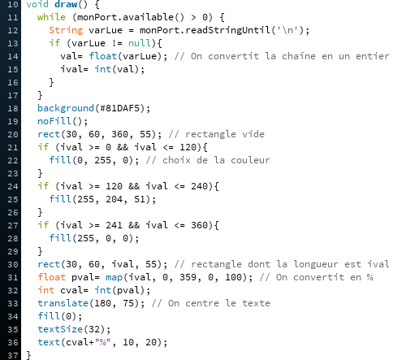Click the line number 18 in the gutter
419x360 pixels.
click(x=12, y=109)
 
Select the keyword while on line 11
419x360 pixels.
click(x=51, y=17)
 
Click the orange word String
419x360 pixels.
click(x=66, y=30)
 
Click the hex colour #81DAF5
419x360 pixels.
click(x=123, y=108)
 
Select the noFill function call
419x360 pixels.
click(x=54, y=121)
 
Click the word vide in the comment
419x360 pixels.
click(x=253, y=134)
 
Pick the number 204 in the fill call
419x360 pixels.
click(x=114, y=199)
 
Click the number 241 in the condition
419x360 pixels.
click(x=114, y=225)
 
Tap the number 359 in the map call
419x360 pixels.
click(x=188, y=277)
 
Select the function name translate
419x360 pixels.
click(x=63, y=303)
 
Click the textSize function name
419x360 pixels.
click(x=60, y=329)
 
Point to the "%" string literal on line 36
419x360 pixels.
click(x=102, y=342)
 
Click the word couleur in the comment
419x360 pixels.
click(x=250, y=160)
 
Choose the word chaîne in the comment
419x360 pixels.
click(x=299, y=56)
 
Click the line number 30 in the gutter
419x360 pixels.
click(x=12, y=265)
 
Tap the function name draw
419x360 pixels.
click(x=66, y=5)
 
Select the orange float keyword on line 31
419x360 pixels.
click(x=51, y=277)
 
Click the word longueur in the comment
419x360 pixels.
click(x=316, y=264)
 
